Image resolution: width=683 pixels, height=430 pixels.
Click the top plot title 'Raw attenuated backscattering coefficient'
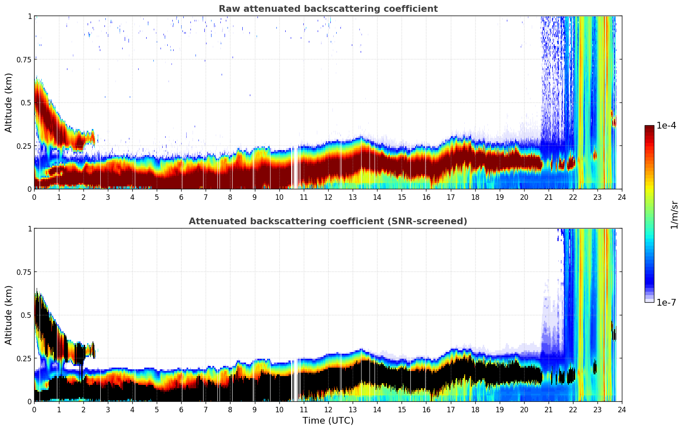(328, 9)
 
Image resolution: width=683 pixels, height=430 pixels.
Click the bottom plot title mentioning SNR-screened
(328, 221)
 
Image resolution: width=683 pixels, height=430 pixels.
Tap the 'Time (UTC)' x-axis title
(328, 420)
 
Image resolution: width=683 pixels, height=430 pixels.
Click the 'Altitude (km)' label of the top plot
(9, 102)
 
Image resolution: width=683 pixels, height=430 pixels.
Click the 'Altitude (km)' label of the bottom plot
(9, 315)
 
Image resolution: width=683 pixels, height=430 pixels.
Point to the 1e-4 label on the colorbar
(666, 126)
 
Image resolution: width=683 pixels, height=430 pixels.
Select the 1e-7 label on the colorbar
(666, 302)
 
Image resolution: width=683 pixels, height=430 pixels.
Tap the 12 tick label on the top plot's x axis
(328, 197)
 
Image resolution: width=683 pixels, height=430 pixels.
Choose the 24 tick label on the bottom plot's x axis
(621, 409)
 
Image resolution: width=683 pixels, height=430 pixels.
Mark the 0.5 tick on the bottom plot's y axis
(26, 315)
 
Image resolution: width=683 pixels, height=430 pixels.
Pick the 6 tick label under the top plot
(181, 197)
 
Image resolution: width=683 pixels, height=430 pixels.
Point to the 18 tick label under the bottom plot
(475, 409)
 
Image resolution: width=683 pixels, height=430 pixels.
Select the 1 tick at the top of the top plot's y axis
(29, 16)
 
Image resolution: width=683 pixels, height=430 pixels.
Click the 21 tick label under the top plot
(548, 197)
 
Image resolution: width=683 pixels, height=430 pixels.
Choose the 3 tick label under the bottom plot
(108, 409)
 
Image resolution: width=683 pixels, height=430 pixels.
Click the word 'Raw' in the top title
(228, 9)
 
